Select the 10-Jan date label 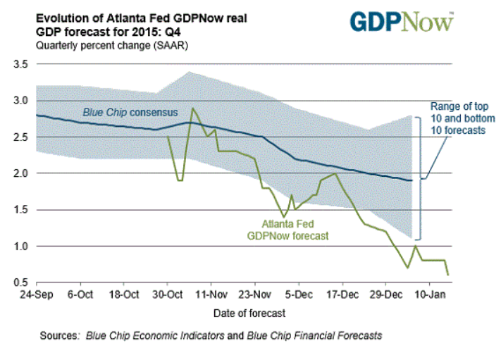(x=432, y=292)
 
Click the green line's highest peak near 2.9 (x=192, y=108)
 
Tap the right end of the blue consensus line (x=412, y=181)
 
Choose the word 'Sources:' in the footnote (x=60, y=335)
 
